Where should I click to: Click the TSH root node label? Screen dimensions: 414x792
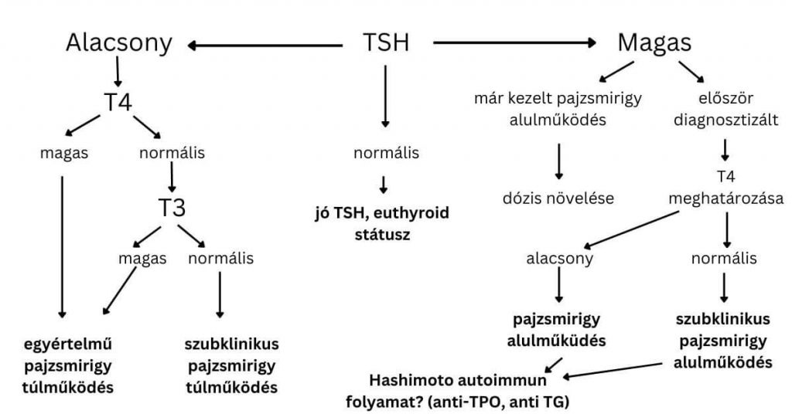(x=386, y=43)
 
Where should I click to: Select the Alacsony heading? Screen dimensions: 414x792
(x=118, y=43)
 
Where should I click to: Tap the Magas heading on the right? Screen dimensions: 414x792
(x=654, y=43)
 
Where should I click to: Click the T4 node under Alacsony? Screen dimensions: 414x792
(x=118, y=103)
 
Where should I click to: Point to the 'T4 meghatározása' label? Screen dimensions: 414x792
(x=725, y=188)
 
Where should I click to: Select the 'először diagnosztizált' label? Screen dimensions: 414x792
(x=725, y=109)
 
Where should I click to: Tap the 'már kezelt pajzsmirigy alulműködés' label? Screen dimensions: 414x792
(x=559, y=109)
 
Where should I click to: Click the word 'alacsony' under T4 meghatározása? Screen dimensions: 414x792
(x=558, y=259)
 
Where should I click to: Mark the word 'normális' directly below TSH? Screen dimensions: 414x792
(x=386, y=153)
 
